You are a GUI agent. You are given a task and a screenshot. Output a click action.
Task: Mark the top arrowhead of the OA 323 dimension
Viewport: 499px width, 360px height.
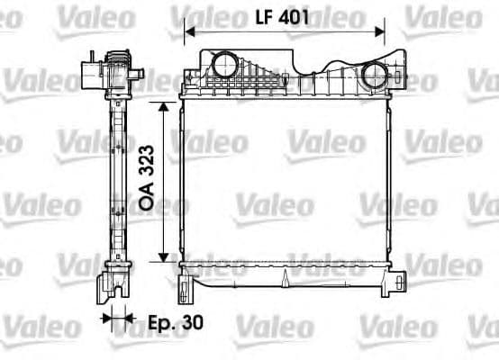(163, 107)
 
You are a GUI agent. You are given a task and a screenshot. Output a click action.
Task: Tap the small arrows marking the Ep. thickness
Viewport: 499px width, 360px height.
(115, 318)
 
